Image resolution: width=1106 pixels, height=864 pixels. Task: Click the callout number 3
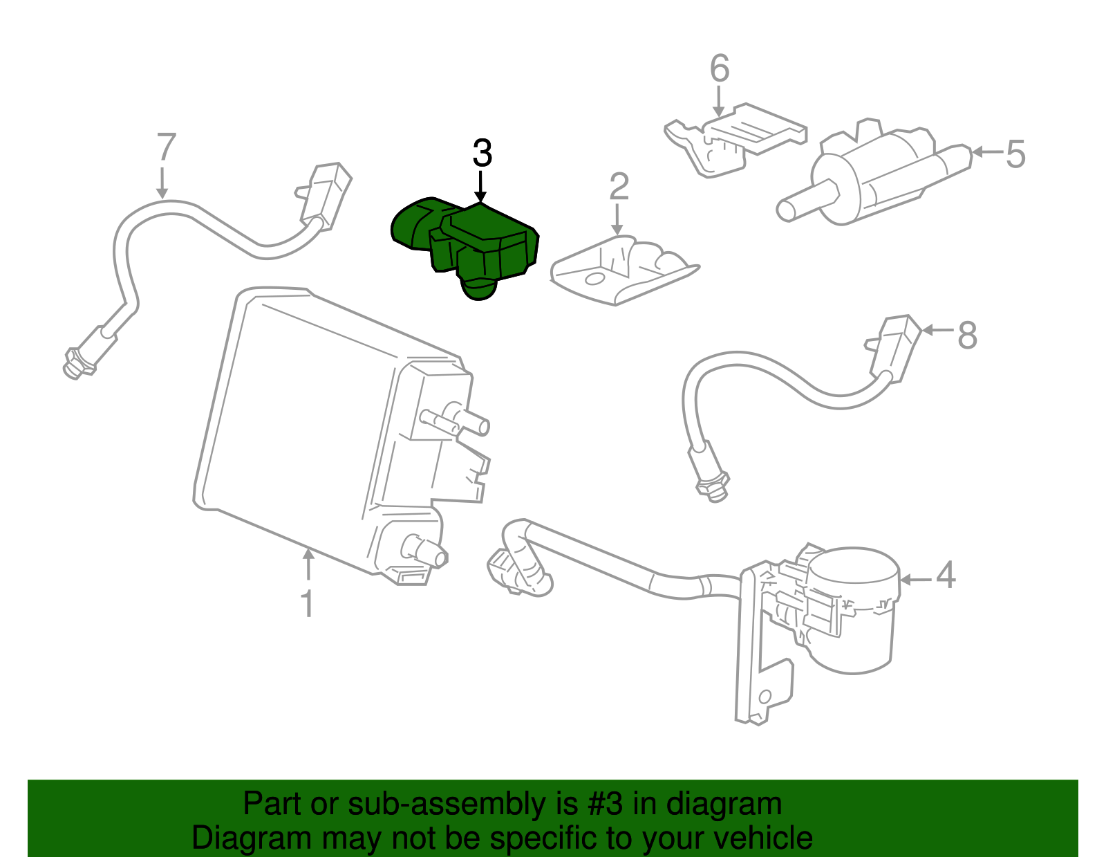pyautogui.click(x=482, y=154)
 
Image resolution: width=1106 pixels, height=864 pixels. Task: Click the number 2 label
pyautogui.click(x=619, y=187)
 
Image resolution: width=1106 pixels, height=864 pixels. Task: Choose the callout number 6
pyautogui.click(x=720, y=69)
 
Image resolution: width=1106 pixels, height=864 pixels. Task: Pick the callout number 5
pyautogui.click(x=1015, y=154)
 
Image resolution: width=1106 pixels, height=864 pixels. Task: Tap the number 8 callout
pyautogui.click(x=966, y=336)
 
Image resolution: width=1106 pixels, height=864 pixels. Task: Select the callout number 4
pyautogui.click(x=946, y=576)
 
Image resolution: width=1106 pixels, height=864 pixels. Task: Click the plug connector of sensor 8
pyautogui.click(x=895, y=346)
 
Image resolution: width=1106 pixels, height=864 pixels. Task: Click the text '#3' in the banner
pyautogui.click(x=605, y=805)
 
